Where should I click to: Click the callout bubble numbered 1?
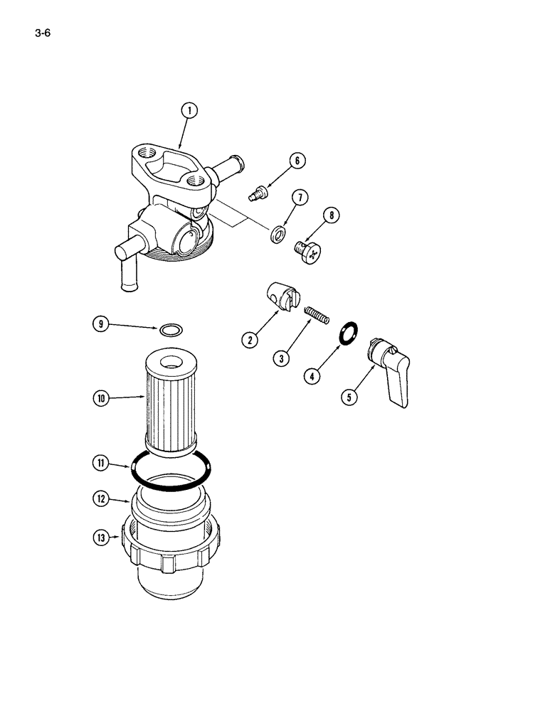tap(189, 110)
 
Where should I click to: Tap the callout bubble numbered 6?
tap(298, 161)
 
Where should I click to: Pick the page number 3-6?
tap(42, 32)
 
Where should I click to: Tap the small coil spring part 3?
tap(317, 314)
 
